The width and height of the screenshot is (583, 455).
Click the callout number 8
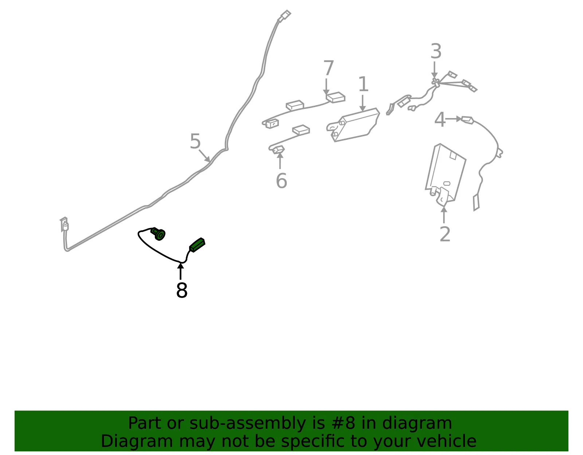point(181,290)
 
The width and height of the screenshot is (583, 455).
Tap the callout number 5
point(195,141)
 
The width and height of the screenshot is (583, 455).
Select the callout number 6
point(281,181)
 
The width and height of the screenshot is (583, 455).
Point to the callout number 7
point(328,68)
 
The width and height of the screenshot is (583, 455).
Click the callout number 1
point(363,84)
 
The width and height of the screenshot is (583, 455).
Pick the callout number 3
point(436,51)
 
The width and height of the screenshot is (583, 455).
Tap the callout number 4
point(440,119)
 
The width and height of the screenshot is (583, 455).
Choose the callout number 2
point(445,234)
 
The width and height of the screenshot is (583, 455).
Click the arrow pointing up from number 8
point(181,271)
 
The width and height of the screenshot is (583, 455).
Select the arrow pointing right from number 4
point(454,119)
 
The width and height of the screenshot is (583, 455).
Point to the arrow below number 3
point(434,70)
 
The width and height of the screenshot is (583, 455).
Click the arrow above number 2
point(444,215)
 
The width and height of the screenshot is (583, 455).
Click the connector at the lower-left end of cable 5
point(64,224)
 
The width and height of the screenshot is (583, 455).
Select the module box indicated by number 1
point(353,125)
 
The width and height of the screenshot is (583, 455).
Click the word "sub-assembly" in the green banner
point(247,423)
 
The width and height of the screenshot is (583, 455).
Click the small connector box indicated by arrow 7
point(335,97)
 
